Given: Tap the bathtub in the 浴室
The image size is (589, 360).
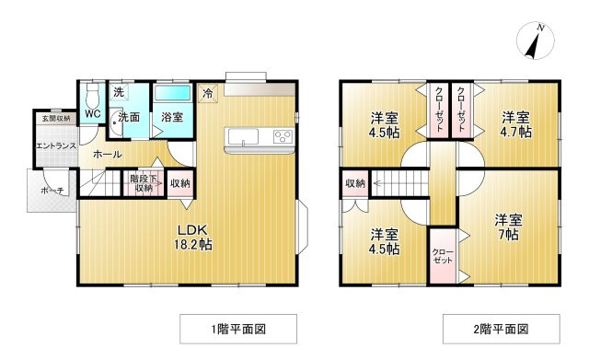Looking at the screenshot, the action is point(173,93).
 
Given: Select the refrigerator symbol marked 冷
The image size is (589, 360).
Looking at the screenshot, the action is point(208,93).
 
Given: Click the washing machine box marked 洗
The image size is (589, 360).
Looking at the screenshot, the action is point(119,92).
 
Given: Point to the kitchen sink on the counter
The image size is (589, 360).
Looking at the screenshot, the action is point(243,137).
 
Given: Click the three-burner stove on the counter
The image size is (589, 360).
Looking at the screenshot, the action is point(283,135).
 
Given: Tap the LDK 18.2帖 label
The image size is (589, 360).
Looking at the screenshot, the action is point(192,238).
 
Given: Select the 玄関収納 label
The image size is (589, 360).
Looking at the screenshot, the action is point(56,119).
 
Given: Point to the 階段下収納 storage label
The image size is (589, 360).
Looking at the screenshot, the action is point(144,183).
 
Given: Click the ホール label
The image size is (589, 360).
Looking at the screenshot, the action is point(107,154).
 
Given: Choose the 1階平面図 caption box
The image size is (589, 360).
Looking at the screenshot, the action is point(238,330).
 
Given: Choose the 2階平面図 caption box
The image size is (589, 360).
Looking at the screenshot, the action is point(501,330).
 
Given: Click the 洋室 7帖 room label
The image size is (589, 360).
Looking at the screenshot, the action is point(508,227).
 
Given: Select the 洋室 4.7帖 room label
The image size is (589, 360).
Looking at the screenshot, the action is point(515,125).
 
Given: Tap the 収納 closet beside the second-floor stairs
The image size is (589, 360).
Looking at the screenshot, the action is point(355,183).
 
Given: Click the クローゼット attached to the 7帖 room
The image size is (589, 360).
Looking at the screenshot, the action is point(443,256).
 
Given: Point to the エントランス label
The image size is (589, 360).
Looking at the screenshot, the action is point(56,145).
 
